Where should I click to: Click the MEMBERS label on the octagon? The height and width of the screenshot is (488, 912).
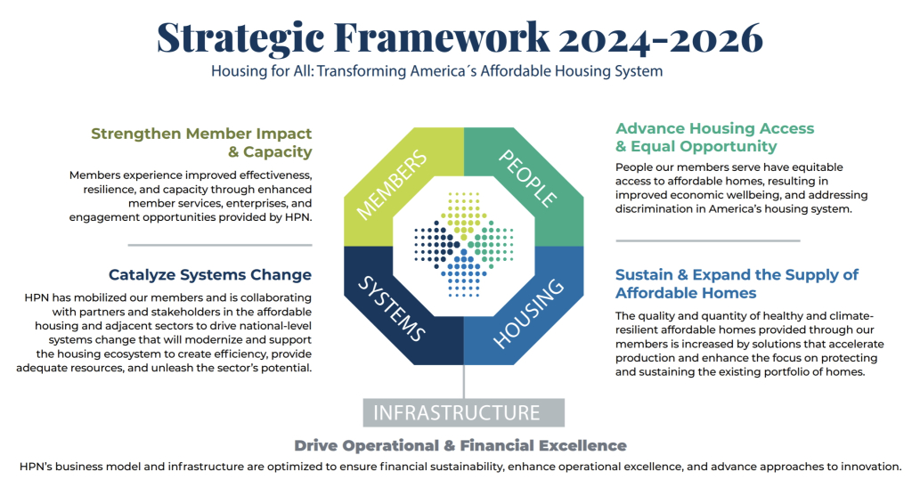(392, 185)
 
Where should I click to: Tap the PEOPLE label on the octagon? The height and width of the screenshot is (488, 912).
(528, 178)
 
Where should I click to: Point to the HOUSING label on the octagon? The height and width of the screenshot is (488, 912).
(529, 313)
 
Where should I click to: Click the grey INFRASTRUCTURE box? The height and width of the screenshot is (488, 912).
(463, 412)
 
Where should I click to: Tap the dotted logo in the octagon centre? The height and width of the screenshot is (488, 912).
(463, 244)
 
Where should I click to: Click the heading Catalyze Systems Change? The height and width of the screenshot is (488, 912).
(210, 274)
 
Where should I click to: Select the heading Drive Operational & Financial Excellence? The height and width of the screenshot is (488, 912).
(460, 445)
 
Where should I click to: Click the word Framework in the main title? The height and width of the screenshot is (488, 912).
(442, 37)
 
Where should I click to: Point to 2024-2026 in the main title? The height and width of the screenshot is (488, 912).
(660, 38)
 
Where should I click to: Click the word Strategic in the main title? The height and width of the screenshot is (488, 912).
(240, 39)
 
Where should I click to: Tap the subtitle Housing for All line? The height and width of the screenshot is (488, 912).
(436, 71)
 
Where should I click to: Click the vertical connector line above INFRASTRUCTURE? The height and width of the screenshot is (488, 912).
(463, 381)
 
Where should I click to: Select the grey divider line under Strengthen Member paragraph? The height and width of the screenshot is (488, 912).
(220, 245)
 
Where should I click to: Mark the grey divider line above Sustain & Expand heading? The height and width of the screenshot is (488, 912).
(708, 240)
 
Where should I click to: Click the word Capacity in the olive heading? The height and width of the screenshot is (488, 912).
(278, 151)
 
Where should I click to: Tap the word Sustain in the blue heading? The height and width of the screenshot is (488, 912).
(644, 274)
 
